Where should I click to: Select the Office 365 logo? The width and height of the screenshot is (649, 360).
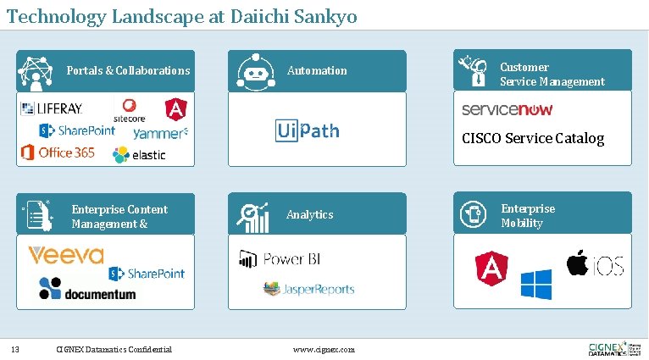58,152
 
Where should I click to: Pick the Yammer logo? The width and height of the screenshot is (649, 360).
160,133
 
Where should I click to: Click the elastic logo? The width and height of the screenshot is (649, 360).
139,154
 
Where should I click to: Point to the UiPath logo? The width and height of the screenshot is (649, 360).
307,130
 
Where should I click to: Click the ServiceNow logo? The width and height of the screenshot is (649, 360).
507,110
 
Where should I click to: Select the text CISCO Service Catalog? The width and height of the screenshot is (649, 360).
533,138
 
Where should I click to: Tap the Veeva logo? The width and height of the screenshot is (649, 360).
66,255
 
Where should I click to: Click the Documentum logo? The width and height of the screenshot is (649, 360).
87,289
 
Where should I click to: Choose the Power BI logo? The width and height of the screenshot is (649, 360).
280,259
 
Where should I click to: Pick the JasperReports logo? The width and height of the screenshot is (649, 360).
308,289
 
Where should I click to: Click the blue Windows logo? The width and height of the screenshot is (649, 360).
535,285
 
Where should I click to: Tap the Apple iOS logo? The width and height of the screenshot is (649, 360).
595,263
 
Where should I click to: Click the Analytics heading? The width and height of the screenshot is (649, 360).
310,215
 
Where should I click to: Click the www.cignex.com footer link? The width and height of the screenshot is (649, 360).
324,349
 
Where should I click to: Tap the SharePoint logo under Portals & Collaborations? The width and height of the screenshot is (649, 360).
76,130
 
